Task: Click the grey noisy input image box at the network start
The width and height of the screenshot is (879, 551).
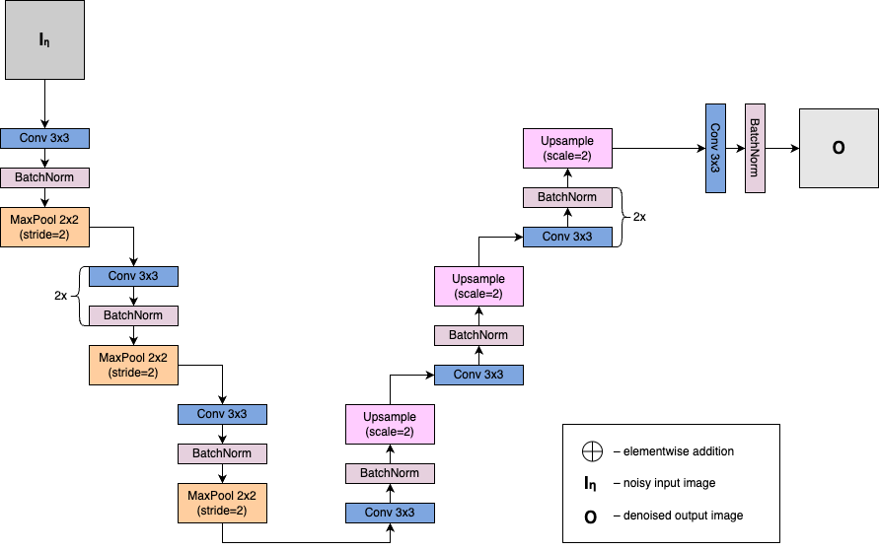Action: point(44,39)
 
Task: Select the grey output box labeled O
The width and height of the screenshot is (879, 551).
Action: point(839,148)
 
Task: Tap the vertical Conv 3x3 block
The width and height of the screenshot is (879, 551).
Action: point(715,148)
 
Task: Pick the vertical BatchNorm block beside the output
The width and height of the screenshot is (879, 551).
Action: point(755,148)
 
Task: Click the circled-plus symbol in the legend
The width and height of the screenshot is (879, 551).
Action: point(591,451)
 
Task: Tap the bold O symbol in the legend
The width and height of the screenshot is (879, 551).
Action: point(591,516)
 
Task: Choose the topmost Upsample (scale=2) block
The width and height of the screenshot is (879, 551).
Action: point(567,148)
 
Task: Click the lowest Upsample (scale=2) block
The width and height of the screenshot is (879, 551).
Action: point(390,424)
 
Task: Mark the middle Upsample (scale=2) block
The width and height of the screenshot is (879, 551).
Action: point(478,286)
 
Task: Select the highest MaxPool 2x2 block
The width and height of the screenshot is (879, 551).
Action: point(44,227)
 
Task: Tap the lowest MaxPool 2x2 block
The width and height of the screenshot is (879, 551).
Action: point(222,503)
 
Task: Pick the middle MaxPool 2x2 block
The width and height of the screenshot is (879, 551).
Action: point(133,365)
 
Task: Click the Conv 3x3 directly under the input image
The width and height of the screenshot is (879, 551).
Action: point(44,138)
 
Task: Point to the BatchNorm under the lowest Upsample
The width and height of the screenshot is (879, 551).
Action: point(390,473)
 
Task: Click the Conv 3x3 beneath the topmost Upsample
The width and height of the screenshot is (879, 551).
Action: point(567,237)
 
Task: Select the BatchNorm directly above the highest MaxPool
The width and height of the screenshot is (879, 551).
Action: point(44,177)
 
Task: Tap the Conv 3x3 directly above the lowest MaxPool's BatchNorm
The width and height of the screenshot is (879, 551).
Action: point(222,414)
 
